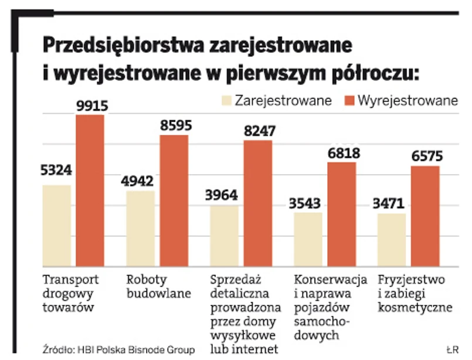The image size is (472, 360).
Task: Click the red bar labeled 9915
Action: [90, 191]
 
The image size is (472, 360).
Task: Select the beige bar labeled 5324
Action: [56, 226]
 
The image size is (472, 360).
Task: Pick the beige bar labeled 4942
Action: [141, 229]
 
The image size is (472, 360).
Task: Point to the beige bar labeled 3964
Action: [225, 236]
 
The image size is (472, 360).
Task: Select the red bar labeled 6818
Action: [342, 214]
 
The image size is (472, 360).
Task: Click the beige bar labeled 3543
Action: [308, 239]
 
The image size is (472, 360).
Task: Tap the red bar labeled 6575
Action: [425, 216]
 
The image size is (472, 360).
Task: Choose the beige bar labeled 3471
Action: [392, 240]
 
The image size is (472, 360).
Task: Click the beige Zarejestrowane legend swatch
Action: [225, 100]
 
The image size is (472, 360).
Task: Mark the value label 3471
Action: [391, 205]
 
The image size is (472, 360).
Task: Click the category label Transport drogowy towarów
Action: [71, 292]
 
